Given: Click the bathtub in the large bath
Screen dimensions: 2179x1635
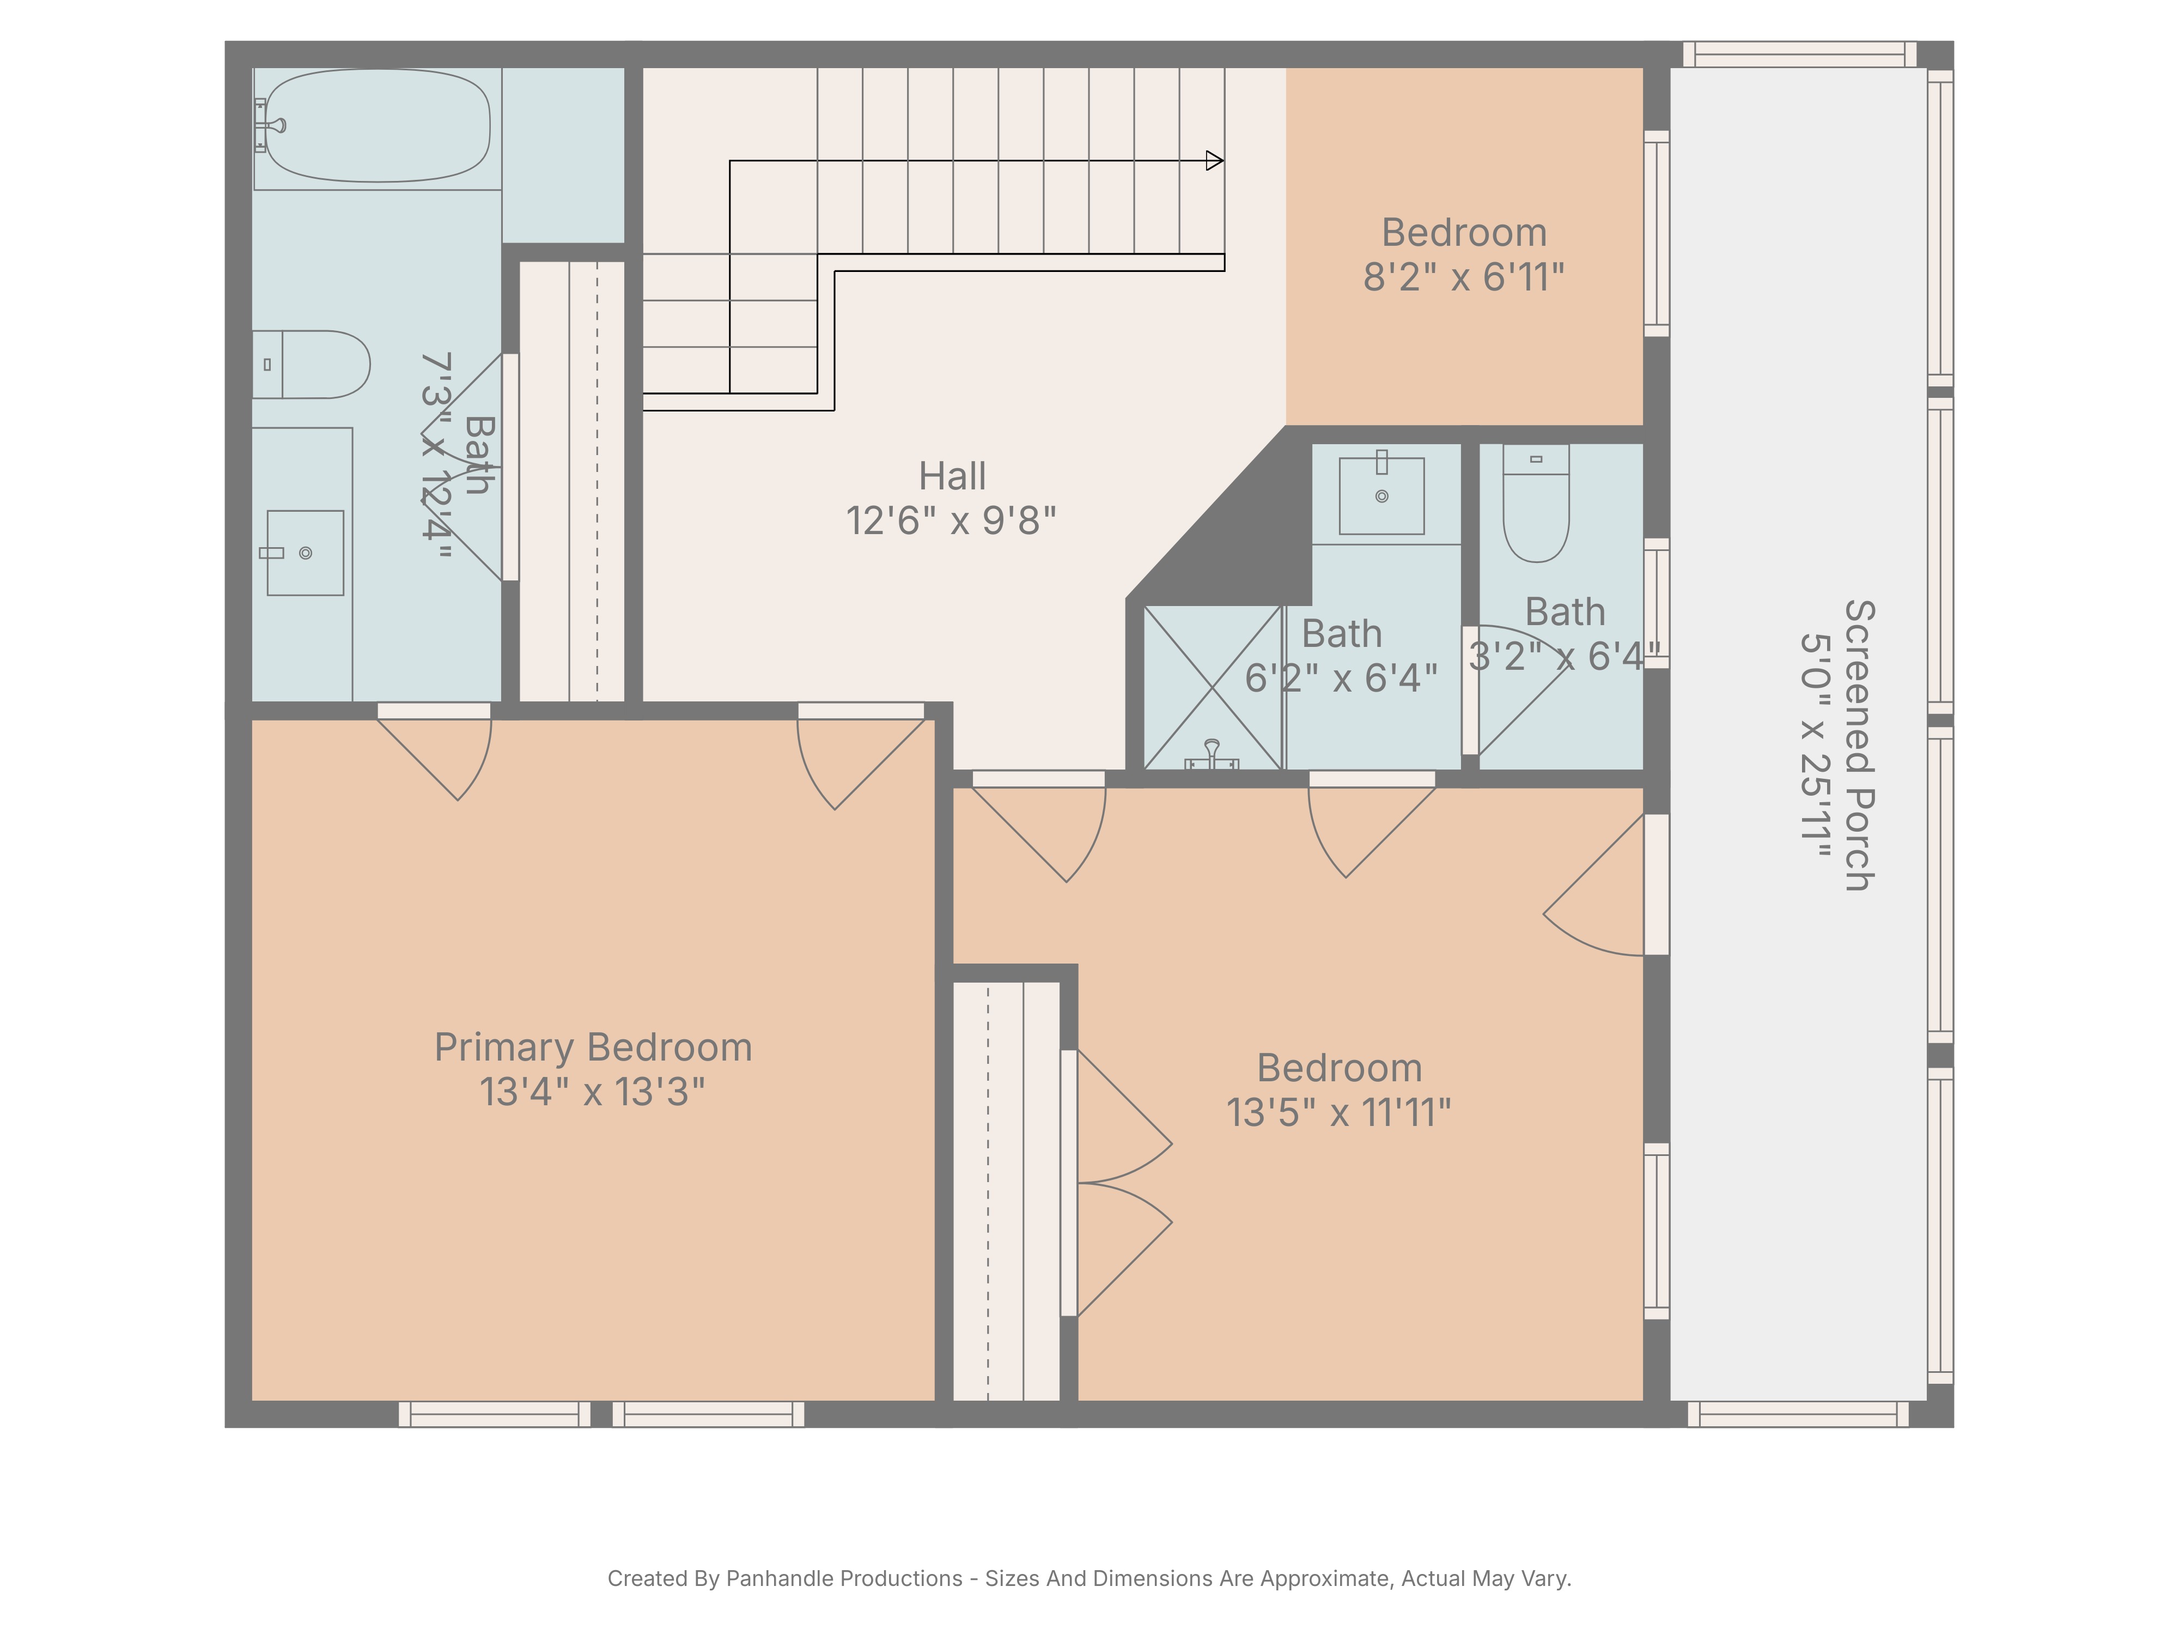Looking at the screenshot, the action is [378, 126].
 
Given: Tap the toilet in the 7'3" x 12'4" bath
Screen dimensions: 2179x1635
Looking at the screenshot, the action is [311, 365].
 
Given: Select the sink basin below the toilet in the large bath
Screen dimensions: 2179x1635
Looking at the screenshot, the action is [306, 553].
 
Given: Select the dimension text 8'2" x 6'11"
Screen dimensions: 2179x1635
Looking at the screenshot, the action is [1464, 277].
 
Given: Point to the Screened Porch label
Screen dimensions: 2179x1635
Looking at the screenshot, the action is [1859, 745].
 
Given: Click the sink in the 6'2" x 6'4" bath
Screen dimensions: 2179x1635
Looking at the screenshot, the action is [1382, 496].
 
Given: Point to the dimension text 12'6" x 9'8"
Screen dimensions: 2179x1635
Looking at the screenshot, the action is [952, 520].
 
